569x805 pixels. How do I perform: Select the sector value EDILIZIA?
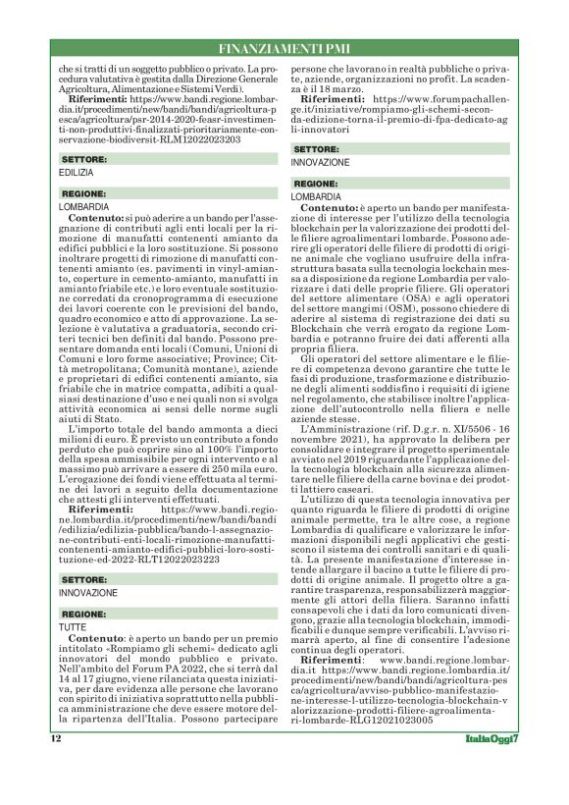[x=76, y=172]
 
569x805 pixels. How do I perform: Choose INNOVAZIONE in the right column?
[x=320, y=161]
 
